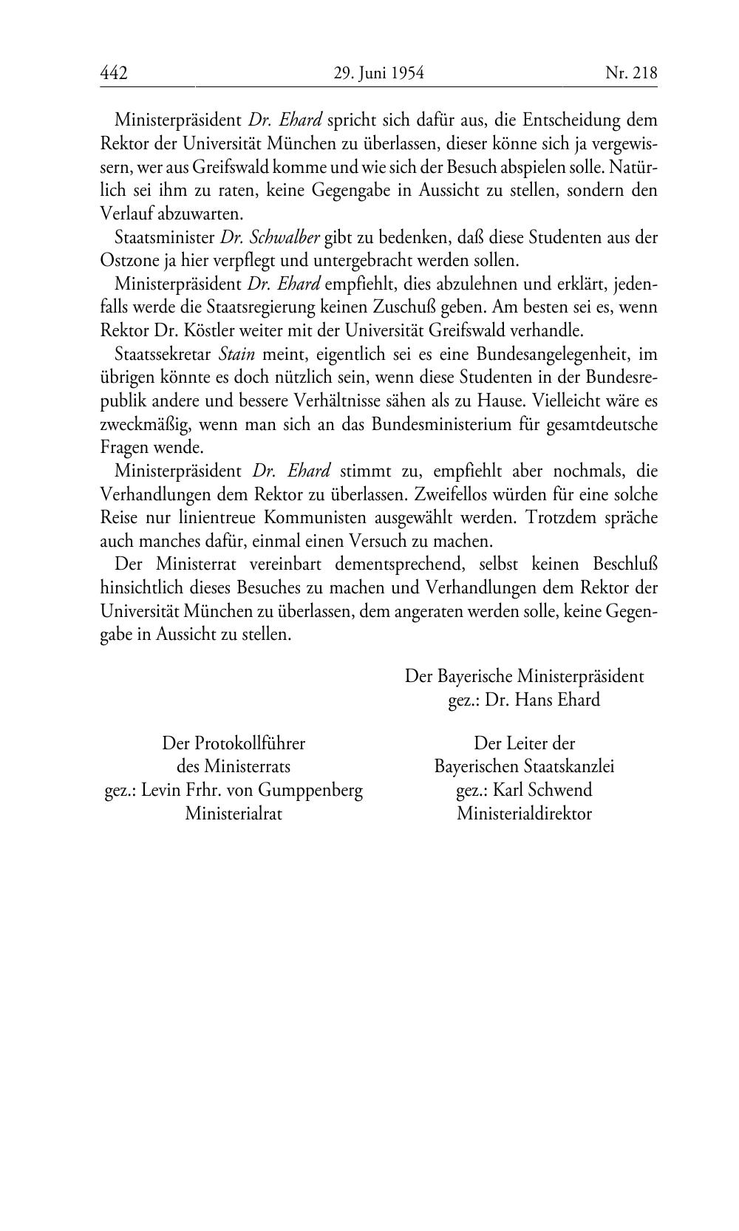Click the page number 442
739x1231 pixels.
[114, 73]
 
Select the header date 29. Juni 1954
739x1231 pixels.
[378, 73]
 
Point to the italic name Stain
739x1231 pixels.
[236, 355]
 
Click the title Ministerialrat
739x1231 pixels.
[234, 814]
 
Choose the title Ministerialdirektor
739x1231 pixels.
[524, 814]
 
